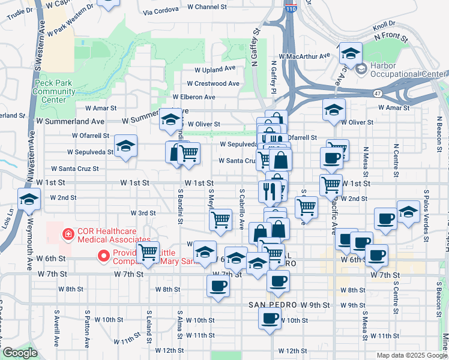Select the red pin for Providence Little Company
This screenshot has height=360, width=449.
103,256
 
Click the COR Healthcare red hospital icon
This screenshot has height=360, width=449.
69,233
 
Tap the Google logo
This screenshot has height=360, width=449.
20,353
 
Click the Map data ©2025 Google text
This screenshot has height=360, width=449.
412,355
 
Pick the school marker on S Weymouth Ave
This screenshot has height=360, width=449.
29,200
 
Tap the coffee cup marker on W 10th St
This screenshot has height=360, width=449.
270,317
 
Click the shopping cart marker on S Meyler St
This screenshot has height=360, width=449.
221,220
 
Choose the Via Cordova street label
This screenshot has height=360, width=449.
161,10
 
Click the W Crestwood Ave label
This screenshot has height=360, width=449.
212,83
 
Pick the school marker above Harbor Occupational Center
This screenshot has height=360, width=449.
350,54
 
